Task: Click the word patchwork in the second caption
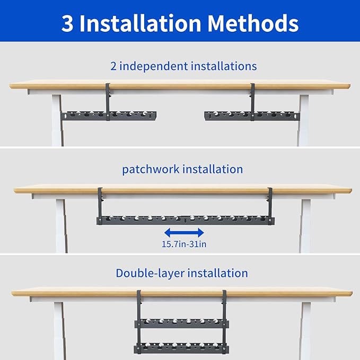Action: pyautogui.click(x=151, y=169)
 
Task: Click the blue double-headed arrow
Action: pyautogui.click(x=184, y=232)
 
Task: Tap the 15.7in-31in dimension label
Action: pyautogui.click(x=184, y=244)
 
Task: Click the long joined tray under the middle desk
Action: pyautogui.click(x=185, y=219)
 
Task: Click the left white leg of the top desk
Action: pyautogui.click(x=57, y=119)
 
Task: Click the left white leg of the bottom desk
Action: pyautogui.click(x=58, y=329)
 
